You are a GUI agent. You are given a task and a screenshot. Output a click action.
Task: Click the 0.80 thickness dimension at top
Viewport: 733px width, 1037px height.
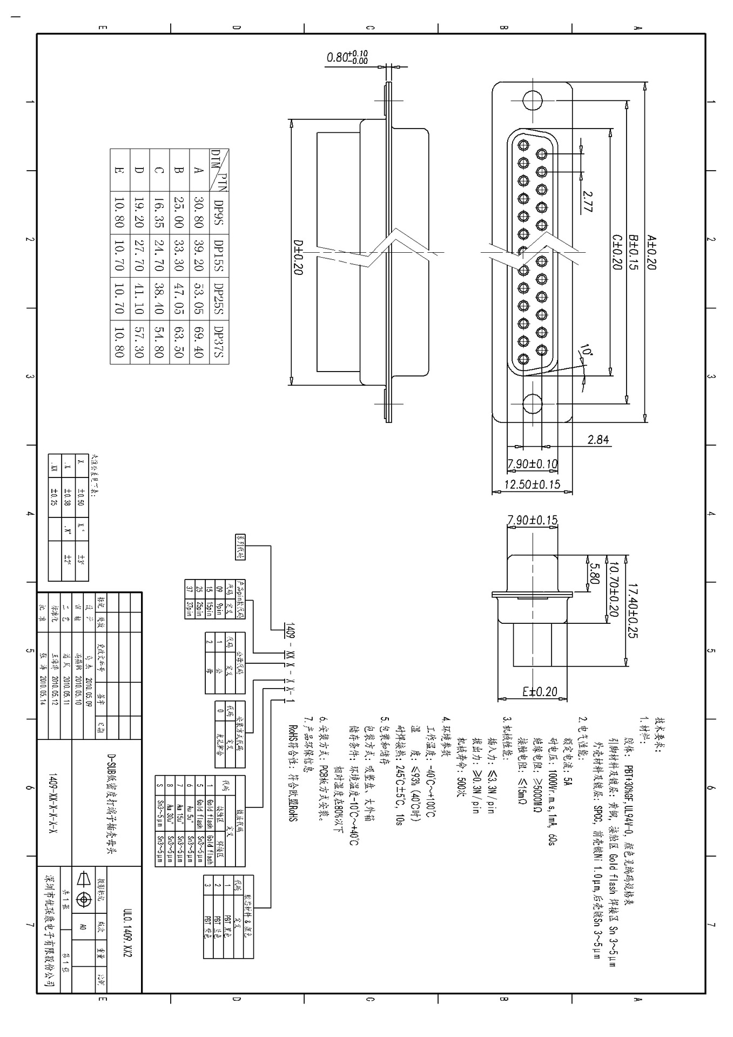[347, 57]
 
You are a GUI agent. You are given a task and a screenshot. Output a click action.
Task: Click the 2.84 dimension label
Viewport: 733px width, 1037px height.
[598, 440]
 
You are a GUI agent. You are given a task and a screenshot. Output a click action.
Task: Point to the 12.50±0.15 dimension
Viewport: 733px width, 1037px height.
[532, 484]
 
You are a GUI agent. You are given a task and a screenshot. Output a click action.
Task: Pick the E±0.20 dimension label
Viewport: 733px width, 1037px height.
[540, 692]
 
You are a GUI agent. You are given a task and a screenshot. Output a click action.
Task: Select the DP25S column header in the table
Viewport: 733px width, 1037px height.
[219, 299]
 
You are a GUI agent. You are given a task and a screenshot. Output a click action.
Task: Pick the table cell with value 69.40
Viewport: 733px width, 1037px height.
[199, 342]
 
